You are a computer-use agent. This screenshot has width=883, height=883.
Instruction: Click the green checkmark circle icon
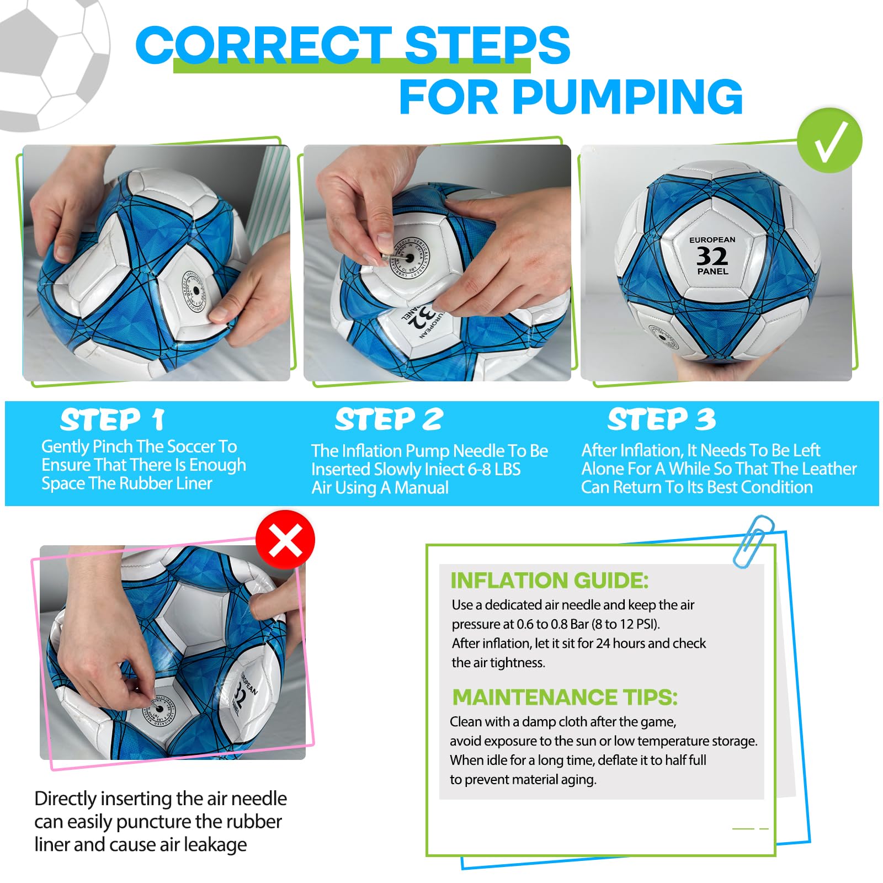click(x=829, y=141)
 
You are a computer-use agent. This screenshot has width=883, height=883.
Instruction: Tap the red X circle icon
click(x=285, y=539)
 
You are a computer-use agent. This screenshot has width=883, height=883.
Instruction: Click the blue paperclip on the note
click(x=754, y=541)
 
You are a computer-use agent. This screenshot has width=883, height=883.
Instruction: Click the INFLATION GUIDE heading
click(x=549, y=581)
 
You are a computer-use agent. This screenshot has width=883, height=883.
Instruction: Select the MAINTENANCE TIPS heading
click(x=565, y=697)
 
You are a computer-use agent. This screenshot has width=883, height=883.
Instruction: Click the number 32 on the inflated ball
click(x=712, y=256)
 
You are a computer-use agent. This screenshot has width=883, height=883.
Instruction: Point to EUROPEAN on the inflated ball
click(x=712, y=240)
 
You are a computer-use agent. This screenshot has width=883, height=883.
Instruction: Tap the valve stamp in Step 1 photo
click(x=195, y=291)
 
